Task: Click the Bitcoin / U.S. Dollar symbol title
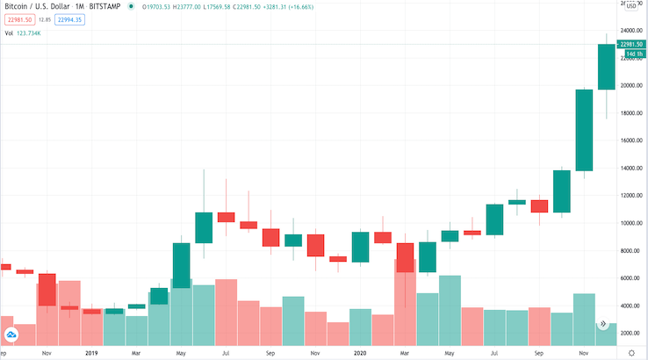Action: [x=34, y=5]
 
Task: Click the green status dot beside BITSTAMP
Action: [x=131, y=5]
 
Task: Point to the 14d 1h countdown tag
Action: [x=632, y=54]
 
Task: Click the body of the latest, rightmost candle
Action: [x=606, y=67]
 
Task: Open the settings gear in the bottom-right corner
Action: [x=632, y=352]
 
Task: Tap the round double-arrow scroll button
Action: [x=603, y=324]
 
